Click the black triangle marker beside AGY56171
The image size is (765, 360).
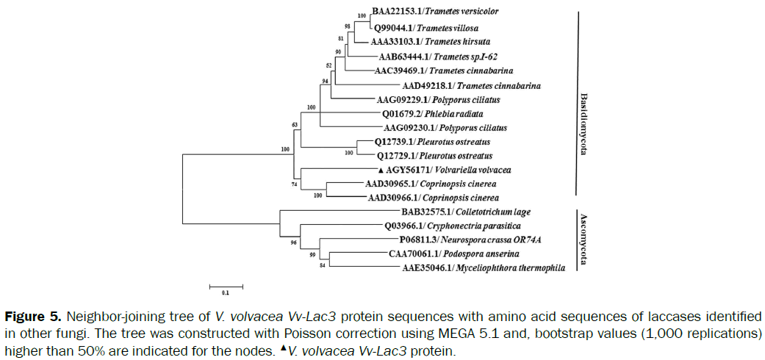click(371, 170)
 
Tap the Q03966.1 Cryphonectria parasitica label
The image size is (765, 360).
click(452, 226)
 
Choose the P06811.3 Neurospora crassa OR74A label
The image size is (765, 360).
click(471, 240)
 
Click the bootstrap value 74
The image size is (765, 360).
click(295, 185)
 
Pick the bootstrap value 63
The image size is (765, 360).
click(295, 125)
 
